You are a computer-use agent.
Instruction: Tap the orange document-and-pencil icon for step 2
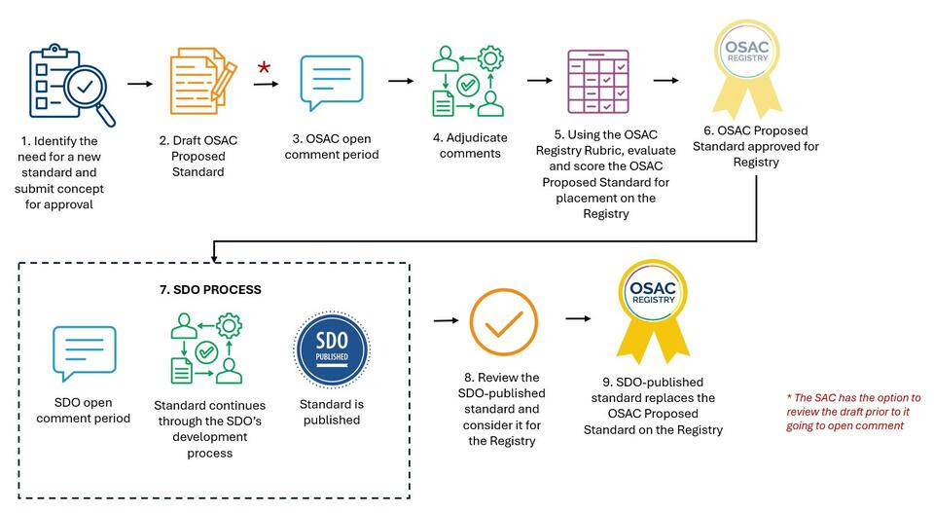201,83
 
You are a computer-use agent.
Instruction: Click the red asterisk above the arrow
264,68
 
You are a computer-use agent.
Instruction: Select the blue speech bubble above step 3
332,83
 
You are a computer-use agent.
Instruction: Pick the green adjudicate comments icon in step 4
467,82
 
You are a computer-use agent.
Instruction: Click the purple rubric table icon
597,82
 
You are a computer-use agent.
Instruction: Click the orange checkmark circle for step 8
503,325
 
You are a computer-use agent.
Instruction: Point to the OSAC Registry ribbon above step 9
652,310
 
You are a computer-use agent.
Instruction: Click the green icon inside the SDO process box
205,348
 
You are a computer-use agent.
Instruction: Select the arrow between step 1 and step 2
140,84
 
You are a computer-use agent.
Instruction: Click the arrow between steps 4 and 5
539,81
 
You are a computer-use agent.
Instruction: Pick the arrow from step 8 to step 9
578,318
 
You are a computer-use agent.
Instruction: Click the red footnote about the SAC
852,412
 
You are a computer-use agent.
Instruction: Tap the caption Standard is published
330,412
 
